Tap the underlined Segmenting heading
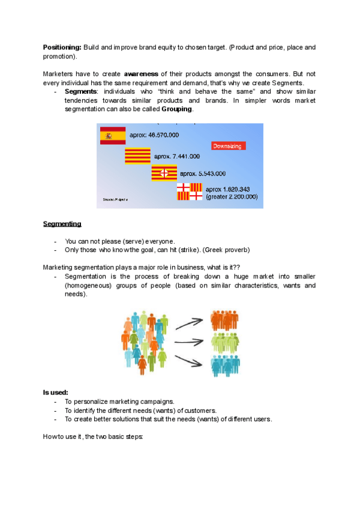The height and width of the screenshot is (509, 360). point(62,224)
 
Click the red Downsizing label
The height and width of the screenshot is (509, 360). point(228,146)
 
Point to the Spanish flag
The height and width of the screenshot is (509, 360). point(112,136)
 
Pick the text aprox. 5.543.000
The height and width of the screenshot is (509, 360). point(202,173)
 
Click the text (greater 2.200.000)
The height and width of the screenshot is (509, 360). point(232,196)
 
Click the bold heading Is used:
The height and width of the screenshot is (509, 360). point(55,392)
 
